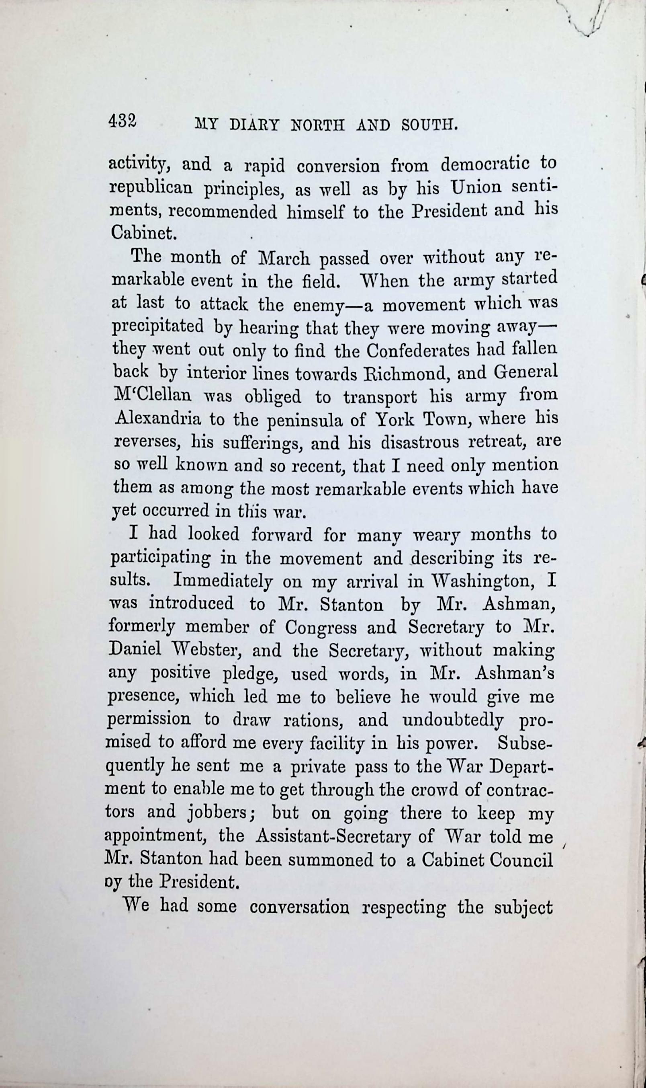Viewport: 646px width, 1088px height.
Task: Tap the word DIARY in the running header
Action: [x=254, y=125]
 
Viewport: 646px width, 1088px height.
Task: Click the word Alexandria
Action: [x=158, y=419]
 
